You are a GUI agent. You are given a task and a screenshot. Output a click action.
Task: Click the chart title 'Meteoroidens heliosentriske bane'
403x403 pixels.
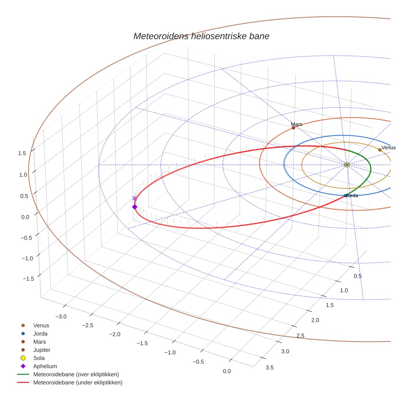click(x=201, y=36)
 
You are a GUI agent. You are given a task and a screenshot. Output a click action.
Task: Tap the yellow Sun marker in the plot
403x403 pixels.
click(x=346, y=165)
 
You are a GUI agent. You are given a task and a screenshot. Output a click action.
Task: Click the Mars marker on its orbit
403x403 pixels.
click(x=293, y=128)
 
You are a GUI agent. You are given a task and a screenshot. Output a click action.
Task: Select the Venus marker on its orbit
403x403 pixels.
click(x=380, y=150)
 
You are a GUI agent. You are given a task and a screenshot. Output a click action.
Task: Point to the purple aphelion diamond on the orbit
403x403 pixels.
click(x=134, y=207)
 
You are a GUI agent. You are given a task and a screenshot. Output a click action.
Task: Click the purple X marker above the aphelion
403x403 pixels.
click(x=134, y=198)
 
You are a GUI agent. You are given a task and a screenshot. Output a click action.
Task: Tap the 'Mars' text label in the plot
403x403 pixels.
click(x=297, y=124)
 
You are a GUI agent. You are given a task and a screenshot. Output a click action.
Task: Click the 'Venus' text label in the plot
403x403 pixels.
click(x=388, y=148)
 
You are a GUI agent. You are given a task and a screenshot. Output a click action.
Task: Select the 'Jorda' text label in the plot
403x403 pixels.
click(x=352, y=196)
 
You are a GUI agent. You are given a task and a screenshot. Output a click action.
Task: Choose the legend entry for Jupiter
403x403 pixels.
click(x=41, y=350)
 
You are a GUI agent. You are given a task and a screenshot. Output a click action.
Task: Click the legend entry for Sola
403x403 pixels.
click(x=38, y=358)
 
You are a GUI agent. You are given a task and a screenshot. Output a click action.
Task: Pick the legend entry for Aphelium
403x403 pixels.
click(x=45, y=366)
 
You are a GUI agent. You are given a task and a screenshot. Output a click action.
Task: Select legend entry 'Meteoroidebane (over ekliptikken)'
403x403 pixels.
click(x=76, y=374)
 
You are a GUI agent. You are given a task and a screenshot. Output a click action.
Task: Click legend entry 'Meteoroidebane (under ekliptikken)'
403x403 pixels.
click(x=77, y=383)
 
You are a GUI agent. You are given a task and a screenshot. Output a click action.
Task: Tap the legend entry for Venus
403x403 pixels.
click(x=41, y=326)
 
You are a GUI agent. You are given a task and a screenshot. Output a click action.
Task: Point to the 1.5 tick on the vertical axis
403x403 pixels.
click(x=22, y=153)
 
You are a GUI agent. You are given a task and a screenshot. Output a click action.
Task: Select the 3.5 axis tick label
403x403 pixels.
click(x=269, y=367)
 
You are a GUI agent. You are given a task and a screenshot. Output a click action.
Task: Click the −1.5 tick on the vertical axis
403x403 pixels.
click(x=28, y=279)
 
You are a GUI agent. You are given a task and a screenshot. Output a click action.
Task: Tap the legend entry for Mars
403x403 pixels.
click(x=39, y=342)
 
